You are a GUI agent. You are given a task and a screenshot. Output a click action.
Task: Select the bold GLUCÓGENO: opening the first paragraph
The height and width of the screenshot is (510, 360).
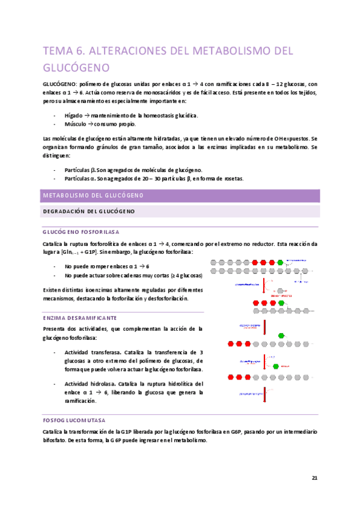[58, 85]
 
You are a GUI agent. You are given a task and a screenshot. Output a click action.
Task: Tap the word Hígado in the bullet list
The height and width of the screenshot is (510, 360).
[75, 115]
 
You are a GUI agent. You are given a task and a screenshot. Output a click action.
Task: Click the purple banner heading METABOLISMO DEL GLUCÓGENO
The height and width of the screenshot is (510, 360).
[91, 196]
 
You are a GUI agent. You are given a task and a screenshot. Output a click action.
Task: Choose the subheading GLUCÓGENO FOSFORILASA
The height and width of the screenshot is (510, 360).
[81, 232]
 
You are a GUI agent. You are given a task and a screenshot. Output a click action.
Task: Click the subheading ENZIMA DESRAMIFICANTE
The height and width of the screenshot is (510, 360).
[79, 317]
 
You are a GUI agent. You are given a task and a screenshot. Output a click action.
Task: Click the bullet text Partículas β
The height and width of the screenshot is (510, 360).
[79, 170]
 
